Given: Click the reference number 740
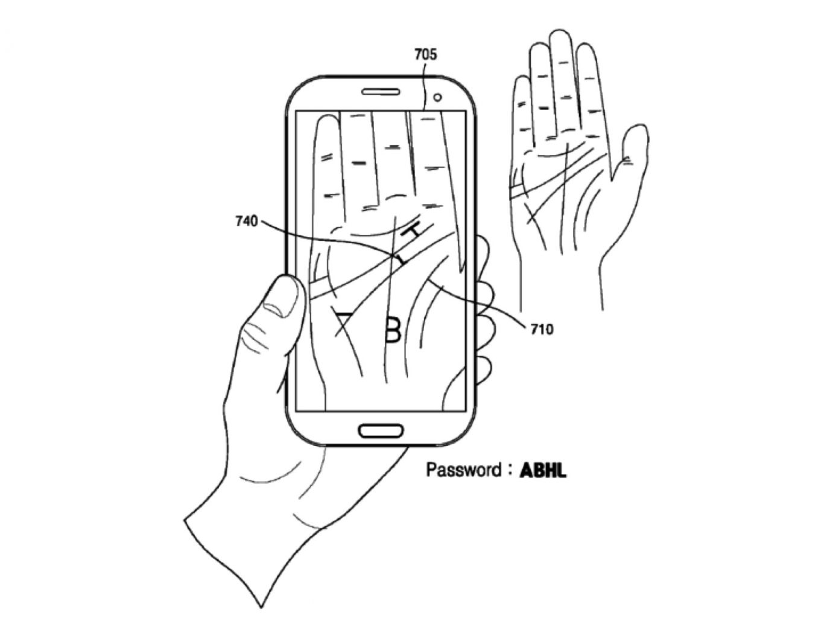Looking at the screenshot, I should coord(246,222).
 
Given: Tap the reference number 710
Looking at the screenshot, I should coord(541,329).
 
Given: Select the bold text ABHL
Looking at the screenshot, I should coord(543,470).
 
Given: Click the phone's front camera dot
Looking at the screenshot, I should coord(438,97).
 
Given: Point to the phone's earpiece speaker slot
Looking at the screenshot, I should coord(380,92).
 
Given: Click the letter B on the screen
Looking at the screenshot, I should coord(393,329).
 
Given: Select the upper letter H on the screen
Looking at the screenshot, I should coord(415,231).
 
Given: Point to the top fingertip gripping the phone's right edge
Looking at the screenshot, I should coord(483,248).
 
